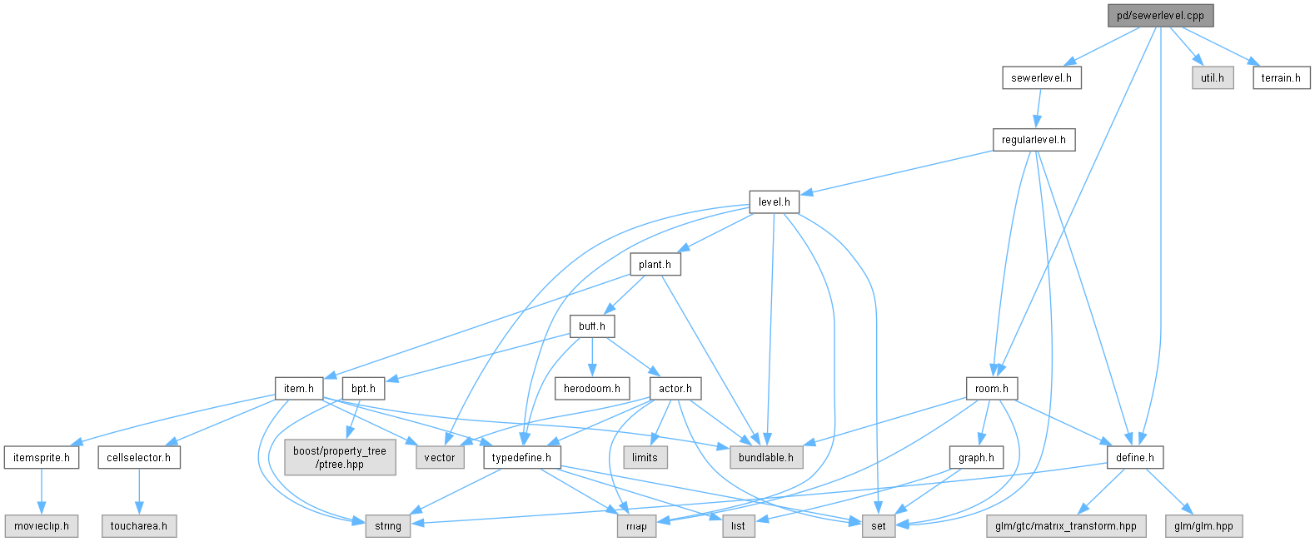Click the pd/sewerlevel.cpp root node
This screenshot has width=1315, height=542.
point(1161,16)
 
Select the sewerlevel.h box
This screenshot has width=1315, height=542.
point(1042,78)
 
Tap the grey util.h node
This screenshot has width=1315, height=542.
point(1213,78)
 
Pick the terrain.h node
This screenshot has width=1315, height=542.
point(1281,78)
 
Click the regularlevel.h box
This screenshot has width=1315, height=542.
point(1034,140)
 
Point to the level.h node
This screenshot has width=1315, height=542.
point(775,202)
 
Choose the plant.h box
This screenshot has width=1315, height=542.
point(655,265)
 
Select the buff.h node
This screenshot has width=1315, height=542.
point(592,326)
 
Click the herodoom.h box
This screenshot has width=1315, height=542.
point(592,389)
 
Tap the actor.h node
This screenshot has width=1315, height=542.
point(675,389)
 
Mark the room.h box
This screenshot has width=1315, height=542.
point(992,389)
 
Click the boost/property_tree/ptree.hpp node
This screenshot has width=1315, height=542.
point(340,458)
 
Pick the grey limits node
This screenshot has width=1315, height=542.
point(645,458)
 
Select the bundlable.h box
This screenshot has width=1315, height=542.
point(766,458)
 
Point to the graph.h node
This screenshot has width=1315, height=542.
point(976,458)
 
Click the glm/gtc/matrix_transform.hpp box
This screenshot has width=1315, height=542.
point(1066,526)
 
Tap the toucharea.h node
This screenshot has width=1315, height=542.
point(139,526)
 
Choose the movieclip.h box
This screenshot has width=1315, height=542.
point(42,526)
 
